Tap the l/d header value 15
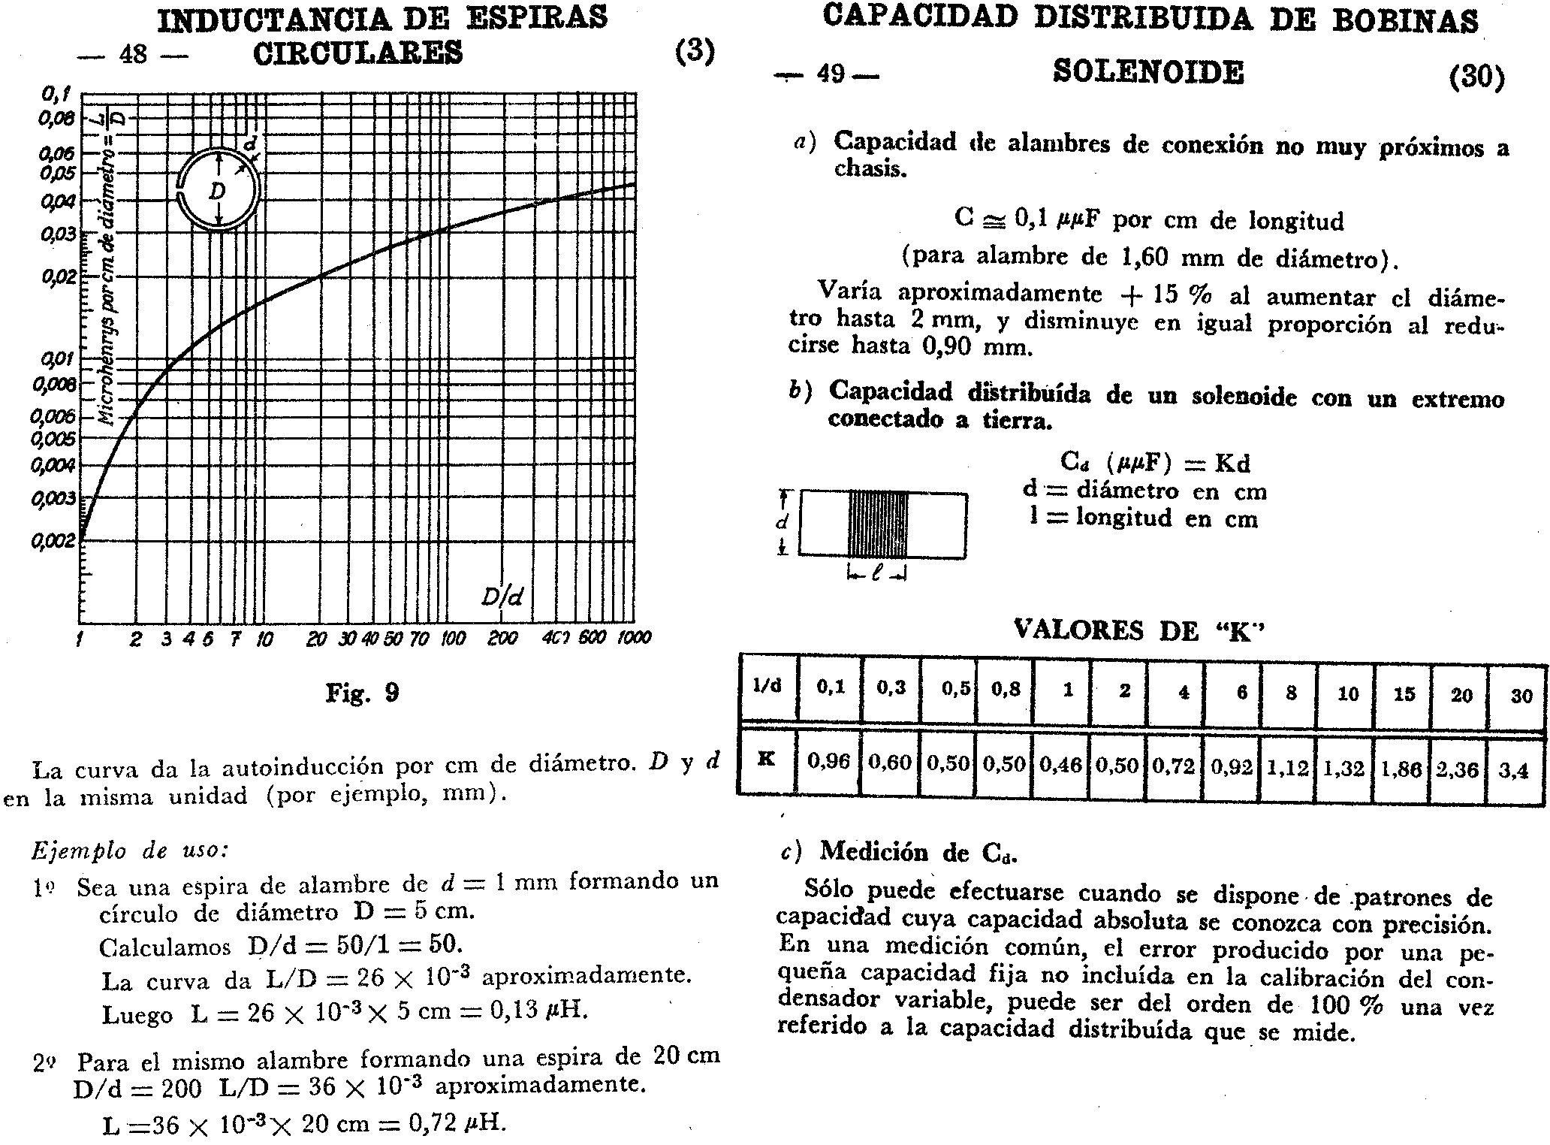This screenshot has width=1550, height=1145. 1404,694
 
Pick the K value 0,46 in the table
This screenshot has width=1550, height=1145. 1061,765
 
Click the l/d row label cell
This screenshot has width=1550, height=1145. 767,687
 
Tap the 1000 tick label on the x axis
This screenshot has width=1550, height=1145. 634,638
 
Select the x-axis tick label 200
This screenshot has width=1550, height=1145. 502,638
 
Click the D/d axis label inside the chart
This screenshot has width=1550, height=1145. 502,597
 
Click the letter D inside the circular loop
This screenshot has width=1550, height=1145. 217,192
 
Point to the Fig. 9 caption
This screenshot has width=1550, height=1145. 362,692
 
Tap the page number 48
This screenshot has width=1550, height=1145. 134,53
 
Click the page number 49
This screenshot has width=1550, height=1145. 831,74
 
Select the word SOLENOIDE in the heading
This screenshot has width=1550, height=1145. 1148,72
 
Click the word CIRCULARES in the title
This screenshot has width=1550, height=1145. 358,53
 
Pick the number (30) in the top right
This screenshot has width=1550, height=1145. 1477,77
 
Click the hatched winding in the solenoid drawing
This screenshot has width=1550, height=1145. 878,524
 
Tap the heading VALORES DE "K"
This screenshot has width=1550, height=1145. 1138,630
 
